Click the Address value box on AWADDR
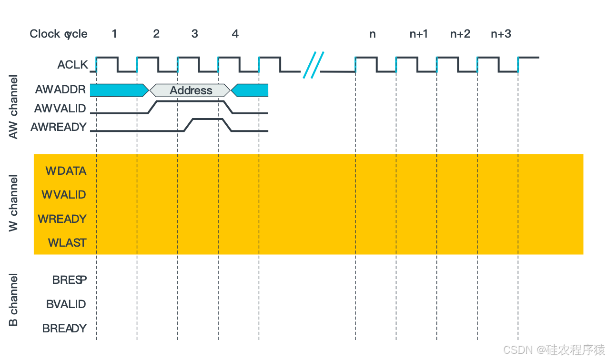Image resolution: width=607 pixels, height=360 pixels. coord(191,90)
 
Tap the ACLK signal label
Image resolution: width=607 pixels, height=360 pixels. coord(73,64)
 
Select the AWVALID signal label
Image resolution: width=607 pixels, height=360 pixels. coord(60,109)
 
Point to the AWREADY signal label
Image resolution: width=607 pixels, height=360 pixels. coord(59,127)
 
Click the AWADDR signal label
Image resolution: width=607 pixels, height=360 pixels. coord(61,90)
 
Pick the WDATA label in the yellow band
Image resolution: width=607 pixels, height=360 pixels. coord(66,170)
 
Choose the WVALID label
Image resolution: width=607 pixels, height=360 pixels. coord(64,195)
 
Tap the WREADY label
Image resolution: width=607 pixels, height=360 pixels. coord(62,219)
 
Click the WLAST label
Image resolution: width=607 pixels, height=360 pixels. coord(67,243)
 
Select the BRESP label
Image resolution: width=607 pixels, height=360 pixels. coord(70,280)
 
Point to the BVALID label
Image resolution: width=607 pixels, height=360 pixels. coord(66,304)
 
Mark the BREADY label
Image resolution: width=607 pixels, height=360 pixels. coord(64,328)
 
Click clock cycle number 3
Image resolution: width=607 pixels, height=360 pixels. coord(194,34)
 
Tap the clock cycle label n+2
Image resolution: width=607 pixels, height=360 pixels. coord(460,34)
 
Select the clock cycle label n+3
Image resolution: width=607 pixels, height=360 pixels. coord(501,34)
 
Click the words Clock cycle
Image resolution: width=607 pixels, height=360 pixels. coord(59,34)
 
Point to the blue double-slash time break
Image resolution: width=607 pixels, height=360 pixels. coord(313,64)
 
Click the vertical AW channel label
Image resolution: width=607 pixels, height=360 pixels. coord(14,107)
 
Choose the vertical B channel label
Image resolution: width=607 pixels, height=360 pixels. coord(14,300)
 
